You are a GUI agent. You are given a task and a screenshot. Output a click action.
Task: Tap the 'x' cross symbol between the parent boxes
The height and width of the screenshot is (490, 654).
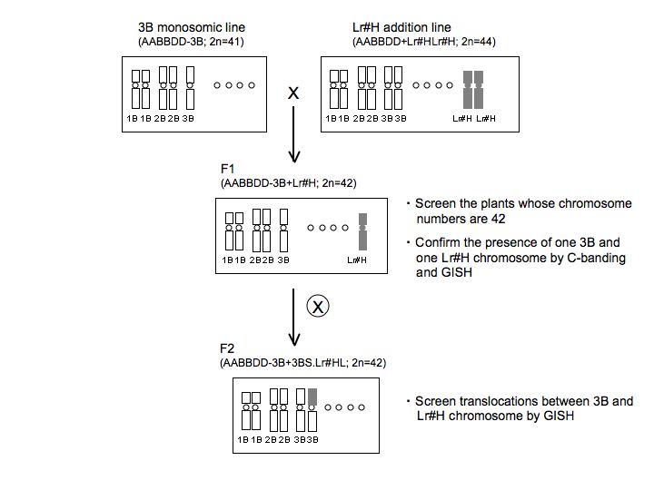click(292, 93)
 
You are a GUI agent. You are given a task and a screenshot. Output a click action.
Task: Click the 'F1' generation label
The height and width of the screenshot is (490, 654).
click(228, 170)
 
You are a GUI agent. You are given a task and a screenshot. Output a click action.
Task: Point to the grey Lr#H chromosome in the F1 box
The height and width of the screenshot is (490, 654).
click(362, 232)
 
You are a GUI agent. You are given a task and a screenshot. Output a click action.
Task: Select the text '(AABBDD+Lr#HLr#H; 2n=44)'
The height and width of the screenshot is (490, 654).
click(422, 42)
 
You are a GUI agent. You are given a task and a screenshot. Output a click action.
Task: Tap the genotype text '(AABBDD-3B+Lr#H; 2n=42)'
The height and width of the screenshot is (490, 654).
click(288, 182)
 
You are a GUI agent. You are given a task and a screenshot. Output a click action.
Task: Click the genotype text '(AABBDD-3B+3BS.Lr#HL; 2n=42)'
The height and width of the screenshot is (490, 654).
click(303, 363)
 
